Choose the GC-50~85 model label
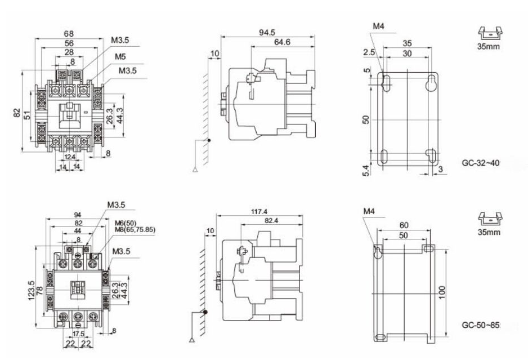[481, 326]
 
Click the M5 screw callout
[120, 57]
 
